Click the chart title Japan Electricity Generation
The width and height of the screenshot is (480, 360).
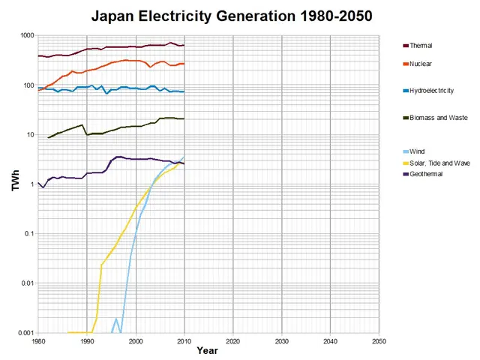pos(232,15)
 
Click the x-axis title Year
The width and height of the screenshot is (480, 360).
pos(208,350)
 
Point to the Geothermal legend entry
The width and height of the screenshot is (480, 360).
pos(427,173)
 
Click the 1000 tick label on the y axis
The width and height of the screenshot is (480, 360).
pos(26,36)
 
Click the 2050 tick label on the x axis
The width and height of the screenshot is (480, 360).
pos(379,341)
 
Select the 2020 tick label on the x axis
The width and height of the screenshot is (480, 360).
pos(232,341)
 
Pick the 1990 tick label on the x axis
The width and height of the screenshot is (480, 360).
pos(86,341)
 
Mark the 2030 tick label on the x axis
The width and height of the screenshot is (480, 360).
pos(281,341)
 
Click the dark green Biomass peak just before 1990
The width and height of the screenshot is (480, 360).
pos(82,124)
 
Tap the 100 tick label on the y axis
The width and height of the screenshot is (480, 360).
pos(28,85)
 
